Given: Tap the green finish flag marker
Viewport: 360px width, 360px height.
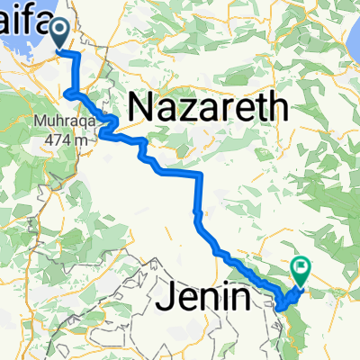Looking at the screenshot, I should tap(299, 266).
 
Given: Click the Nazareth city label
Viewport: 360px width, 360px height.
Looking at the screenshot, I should tap(208, 108).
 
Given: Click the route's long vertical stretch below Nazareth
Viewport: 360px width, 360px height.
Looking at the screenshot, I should tap(199, 193).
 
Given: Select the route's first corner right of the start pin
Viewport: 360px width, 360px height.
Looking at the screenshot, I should tap(78, 56).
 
